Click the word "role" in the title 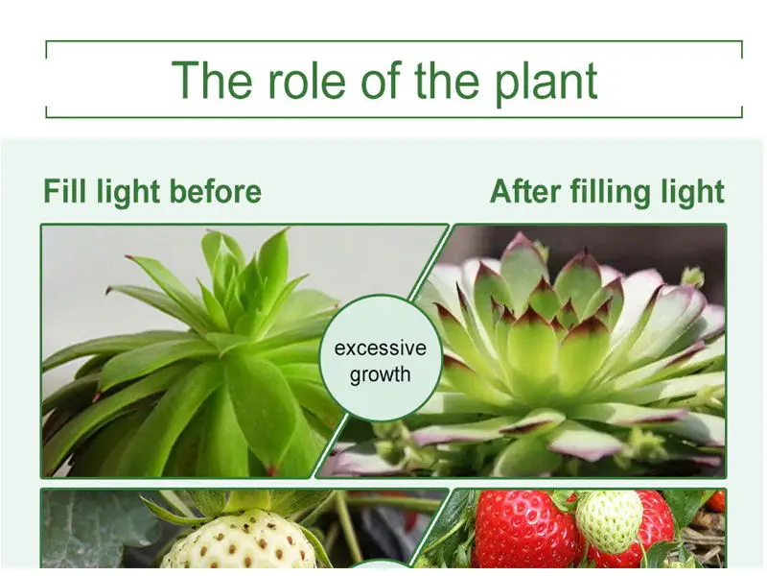pyautogui.click(x=306, y=80)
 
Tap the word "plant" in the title pyautogui.click(x=546, y=84)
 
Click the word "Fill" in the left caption pyautogui.click(x=66, y=190)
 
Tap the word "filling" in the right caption pyautogui.click(x=611, y=191)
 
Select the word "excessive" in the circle pyautogui.click(x=380, y=348)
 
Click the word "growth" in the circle pyautogui.click(x=380, y=375)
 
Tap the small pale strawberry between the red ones pyautogui.click(x=609, y=521)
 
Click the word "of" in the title pyautogui.click(x=381, y=80)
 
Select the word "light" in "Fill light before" pyautogui.click(x=128, y=191)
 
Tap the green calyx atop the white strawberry pyautogui.click(x=235, y=505)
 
